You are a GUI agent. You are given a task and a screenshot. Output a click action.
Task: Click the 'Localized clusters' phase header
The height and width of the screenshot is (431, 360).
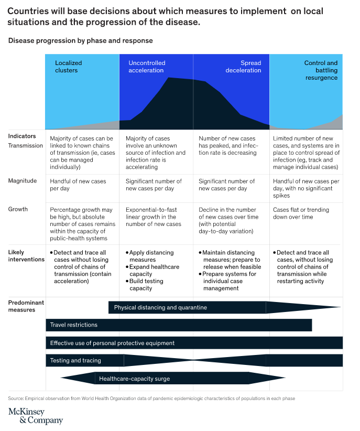(x=69, y=67)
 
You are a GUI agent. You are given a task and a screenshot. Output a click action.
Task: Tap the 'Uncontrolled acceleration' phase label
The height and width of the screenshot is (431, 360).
(x=147, y=67)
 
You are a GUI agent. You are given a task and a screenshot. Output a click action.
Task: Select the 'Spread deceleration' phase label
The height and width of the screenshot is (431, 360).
(x=243, y=67)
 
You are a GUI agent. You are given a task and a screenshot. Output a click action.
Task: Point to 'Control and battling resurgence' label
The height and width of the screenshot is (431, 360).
(x=321, y=70)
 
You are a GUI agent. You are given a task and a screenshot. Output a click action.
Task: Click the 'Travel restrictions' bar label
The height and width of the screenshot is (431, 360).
(x=74, y=325)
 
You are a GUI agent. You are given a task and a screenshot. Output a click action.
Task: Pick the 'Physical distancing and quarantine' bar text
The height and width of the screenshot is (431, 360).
(x=160, y=308)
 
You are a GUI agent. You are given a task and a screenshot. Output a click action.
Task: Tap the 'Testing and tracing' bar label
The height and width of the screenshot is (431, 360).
(x=75, y=360)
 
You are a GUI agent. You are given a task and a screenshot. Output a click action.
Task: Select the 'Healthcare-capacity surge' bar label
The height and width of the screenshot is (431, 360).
(x=134, y=379)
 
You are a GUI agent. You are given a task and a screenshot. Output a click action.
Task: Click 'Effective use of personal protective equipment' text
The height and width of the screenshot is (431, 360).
(x=112, y=343)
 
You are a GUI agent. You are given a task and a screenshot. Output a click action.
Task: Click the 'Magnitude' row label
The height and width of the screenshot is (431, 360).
(x=22, y=181)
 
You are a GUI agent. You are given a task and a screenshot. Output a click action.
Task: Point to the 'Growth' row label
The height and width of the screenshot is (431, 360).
(x=18, y=209)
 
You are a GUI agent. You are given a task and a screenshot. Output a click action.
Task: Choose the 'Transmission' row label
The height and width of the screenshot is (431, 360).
(x=25, y=146)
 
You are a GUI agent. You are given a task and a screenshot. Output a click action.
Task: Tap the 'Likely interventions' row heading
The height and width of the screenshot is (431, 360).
(x=26, y=256)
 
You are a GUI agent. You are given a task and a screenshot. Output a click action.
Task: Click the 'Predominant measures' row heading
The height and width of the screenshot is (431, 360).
(x=26, y=306)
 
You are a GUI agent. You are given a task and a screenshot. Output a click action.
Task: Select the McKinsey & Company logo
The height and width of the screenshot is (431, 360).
(x=36, y=416)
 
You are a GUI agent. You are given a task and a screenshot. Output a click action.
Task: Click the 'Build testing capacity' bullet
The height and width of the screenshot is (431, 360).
(x=145, y=285)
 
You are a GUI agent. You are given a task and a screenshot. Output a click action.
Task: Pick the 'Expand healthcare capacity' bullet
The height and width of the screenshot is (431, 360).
(x=152, y=271)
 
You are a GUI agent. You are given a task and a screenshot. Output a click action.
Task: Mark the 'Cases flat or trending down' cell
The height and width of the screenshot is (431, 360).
(x=301, y=213)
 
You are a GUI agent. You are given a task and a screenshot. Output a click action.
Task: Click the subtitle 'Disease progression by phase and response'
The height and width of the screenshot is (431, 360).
(x=81, y=41)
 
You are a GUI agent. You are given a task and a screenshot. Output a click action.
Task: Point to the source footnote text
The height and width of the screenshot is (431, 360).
(x=151, y=398)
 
